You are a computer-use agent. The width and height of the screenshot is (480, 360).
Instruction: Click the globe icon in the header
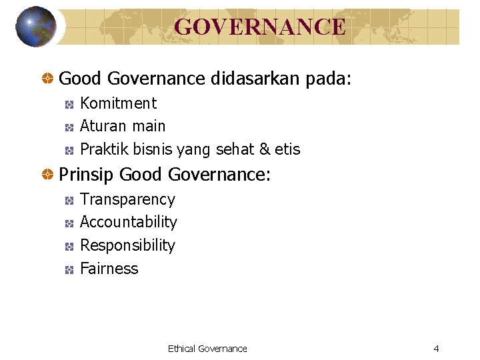click(35, 27)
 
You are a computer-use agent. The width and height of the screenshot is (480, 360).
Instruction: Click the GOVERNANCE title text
click(260, 27)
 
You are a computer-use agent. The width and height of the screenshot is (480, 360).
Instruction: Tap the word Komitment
click(118, 103)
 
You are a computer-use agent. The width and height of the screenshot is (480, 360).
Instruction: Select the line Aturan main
click(123, 126)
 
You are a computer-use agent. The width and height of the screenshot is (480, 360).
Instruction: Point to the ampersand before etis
click(266, 149)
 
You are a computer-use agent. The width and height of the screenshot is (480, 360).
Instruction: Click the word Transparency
click(127, 199)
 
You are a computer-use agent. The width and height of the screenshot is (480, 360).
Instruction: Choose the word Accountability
click(129, 222)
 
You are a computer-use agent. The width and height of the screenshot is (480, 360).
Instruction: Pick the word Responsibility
click(127, 245)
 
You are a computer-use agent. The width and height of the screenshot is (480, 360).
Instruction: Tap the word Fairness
click(109, 269)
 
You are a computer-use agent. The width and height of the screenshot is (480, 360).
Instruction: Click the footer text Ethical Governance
click(207, 349)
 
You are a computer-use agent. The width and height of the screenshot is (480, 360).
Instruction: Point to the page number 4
click(436, 349)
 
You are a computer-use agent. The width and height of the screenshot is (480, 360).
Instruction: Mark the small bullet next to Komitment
click(69, 105)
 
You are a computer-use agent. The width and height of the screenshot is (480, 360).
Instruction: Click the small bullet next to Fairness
click(69, 270)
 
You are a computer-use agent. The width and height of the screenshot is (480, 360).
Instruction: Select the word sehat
click(233, 149)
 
